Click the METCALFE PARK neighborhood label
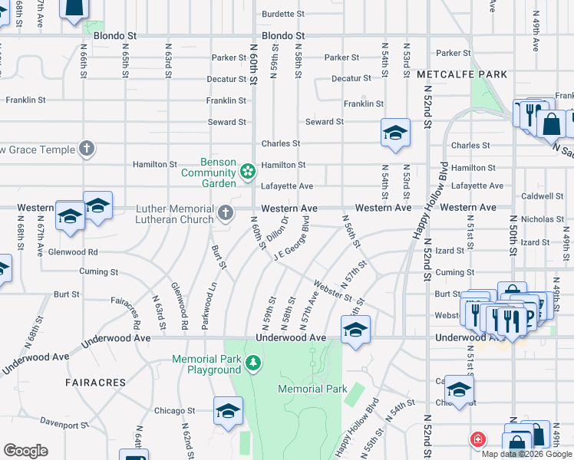pyautogui.click(x=462, y=74)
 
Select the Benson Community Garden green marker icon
pyautogui.click(x=248, y=170)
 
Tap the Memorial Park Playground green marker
pyautogui.click(x=253, y=361)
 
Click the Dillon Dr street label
pyautogui.click(x=277, y=231)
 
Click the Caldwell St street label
pyautogui.click(x=543, y=196)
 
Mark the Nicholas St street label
pyautogui.click(x=543, y=219)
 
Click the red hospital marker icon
pyautogui.click(x=477, y=439)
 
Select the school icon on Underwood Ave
pyautogui.click(x=355, y=330)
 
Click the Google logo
pyautogui.click(x=25, y=451)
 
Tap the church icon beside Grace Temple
pyautogui.click(x=87, y=148)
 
